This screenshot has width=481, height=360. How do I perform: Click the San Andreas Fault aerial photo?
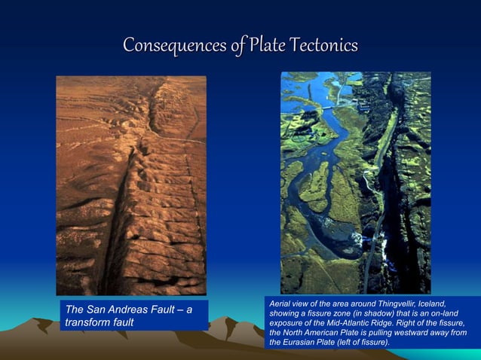pos(131,185)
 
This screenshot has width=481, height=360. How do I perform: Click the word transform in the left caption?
pos(90,322)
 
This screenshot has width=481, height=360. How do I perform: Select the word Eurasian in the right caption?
pos(302,343)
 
